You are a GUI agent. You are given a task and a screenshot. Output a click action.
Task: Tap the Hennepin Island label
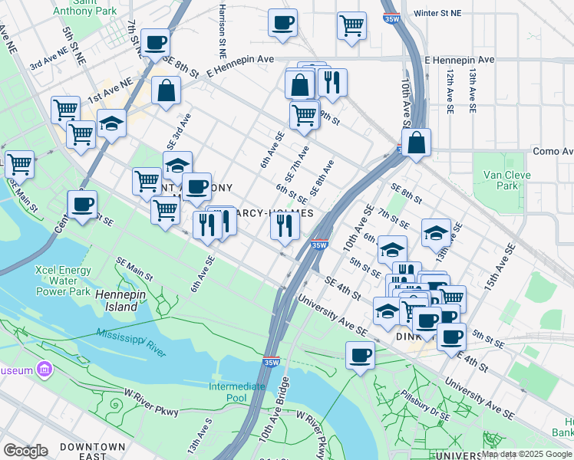click(x=117, y=301)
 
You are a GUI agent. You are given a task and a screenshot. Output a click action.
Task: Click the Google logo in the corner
click(x=25, y=450)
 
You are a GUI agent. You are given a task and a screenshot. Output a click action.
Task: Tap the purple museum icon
click(x=45, y=370)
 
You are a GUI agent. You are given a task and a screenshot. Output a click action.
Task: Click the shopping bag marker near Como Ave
click(x=416, y=143)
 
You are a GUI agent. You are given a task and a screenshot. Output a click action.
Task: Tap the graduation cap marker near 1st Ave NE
click(x=112, y=123)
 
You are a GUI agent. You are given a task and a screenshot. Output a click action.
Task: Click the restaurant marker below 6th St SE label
click(x=284, y=225)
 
